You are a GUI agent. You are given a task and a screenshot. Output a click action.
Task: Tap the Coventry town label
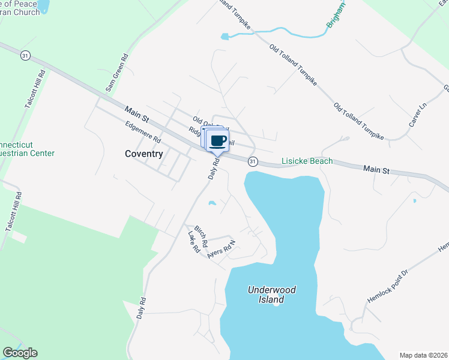coord(143,154)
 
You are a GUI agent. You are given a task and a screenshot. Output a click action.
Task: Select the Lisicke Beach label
coord(307,161)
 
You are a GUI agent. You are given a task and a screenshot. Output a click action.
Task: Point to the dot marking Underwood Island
coord(276,303)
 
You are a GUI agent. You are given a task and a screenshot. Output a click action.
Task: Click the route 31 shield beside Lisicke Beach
coord(253,161)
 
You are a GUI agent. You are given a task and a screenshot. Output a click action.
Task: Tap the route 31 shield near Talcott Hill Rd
coord(25,55)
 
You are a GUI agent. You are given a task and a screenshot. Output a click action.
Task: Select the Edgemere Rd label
coord(143,132)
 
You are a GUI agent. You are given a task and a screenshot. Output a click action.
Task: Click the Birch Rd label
coord(200,238)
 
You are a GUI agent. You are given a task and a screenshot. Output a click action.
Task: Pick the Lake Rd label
coord(193,242)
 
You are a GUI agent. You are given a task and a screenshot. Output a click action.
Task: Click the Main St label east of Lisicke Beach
coord(376,170)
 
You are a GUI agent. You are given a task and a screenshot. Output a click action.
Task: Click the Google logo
coord(20,353)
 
